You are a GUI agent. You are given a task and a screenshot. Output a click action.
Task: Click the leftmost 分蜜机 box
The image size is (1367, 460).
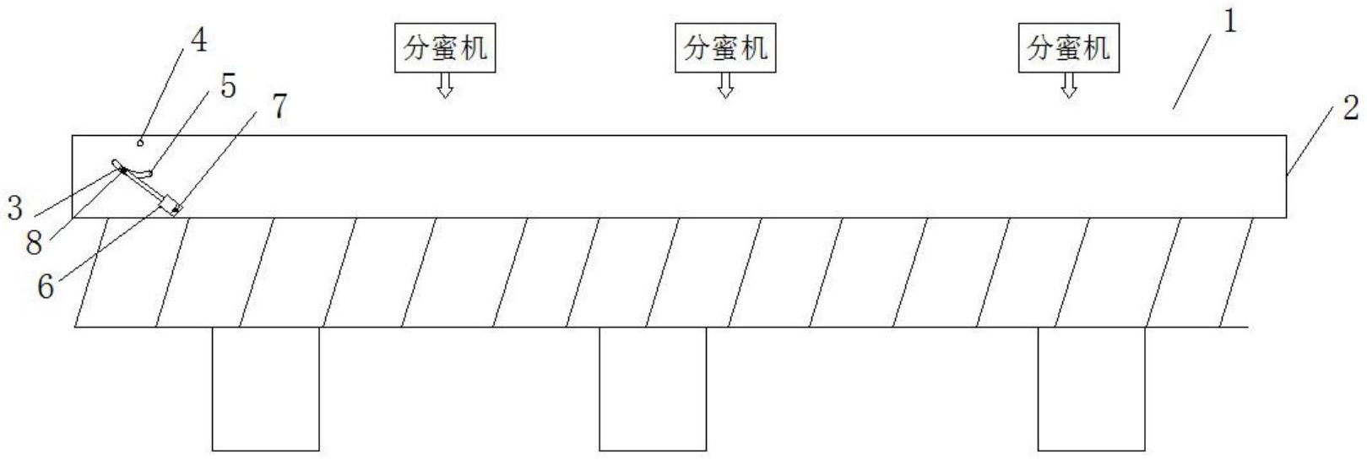tap(445, 48)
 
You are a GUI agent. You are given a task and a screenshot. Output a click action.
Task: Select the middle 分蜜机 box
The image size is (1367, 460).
tap(725, 48)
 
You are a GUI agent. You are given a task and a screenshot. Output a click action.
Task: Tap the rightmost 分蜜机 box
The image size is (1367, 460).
tap(1068, 48)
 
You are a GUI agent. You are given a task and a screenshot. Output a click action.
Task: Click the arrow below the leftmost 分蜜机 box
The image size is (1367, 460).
tap(445, 85)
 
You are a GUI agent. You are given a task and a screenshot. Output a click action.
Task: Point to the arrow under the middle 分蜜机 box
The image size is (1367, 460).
tap(725, 85)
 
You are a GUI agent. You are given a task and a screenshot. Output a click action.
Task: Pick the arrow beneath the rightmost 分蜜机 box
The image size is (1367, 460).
tap(1069, 85)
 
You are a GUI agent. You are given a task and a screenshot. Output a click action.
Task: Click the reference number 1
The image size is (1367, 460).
tap(1229, 22)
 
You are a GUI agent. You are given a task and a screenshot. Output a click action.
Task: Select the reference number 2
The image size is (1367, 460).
tap(1350, 108)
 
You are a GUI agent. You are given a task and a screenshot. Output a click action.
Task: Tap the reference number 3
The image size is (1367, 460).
tap(14, 208)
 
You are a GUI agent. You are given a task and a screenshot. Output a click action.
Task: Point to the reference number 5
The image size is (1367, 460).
tap(228, 87)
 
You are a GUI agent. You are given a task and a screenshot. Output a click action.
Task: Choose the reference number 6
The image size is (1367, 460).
tap(45, 287)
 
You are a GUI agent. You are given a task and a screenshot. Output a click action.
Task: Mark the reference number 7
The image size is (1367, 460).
tap(279, 107)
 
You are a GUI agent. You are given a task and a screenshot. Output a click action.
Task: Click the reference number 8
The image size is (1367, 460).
tap(34, 243)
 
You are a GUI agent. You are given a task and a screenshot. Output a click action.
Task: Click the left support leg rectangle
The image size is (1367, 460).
tap(265, 388)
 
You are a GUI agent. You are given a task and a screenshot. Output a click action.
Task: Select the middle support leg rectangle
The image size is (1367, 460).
tap(653, 388)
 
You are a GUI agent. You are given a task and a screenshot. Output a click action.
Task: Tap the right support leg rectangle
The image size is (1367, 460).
tap(1091, 388)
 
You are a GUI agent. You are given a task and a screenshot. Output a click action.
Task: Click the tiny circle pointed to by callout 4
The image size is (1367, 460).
tap(141, 143)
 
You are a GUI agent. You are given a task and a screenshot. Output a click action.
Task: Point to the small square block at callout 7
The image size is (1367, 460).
tap(172, 205)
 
